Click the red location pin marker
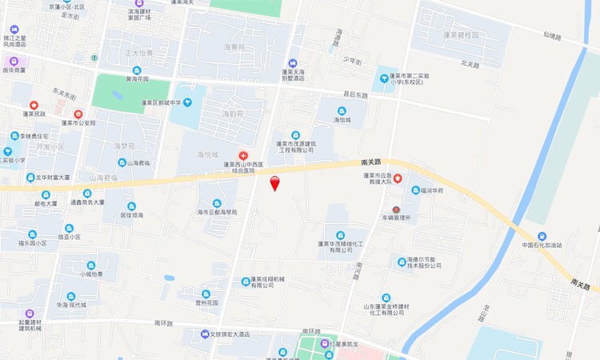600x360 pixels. pyautogui.click(x=275, y=183)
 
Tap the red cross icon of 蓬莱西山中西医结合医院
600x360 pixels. pyautogui.click(x=243, y=155)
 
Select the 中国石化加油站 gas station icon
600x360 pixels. pyautogui.click(x=542, y=236)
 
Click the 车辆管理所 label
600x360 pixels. pyautogui.click(x=396, y=218)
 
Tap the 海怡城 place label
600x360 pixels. pyautogui.click(x=343, y=120)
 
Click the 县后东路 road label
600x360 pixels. pyautogui.click(x=355, y=94)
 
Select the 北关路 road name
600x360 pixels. pyautogui.click(x=470, y=63)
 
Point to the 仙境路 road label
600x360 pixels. pyautogui.click(x=553, y=35)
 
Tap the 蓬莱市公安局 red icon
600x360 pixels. pyautogui.click(x=78, y=114)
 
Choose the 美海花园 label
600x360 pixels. pyautogui.click(x=138, y=79)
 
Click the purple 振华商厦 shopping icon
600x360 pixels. pyautogui.click(x=14, y=61)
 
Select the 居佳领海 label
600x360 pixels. pyautogui.click(x=132, y=215)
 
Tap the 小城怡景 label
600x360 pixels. pyautogui.click(x=90, y=274)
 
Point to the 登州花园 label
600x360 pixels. pyautogui.click(x=206, y=302)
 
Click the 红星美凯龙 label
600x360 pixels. pyautogui.click(x=347, y=344)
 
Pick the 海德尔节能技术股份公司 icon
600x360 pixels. pyautogui.click(x=401, y=261)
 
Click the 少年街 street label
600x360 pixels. pyautogui.click(x=353, y=62)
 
